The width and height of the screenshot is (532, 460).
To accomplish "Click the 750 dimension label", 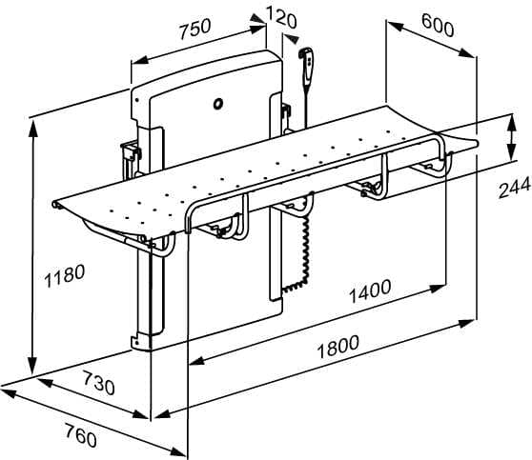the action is coord(195,28).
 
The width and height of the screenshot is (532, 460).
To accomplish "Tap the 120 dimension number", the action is coord(281,18).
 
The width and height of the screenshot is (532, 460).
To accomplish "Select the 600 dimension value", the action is coord(438,25).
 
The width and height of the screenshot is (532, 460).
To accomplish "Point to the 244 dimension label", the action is coord(514,188).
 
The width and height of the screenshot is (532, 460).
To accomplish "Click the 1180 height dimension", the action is coord(65,276).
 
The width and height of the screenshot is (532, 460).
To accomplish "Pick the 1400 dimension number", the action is coord(370,291).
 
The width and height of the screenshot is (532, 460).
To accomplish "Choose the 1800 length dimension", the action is coord(338,347).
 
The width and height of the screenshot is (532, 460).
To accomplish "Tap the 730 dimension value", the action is coord(99,383).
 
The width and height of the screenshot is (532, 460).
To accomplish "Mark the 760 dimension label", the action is coord(81,435).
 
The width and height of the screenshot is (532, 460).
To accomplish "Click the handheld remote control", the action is coord(307,68).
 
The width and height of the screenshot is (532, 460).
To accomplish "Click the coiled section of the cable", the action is coord(303,252).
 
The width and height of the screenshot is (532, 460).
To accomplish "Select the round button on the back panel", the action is coord(218,103).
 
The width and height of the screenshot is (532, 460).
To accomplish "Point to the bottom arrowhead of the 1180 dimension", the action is coord(32,365).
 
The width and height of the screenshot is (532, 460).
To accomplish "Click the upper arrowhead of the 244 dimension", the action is coord(512,122).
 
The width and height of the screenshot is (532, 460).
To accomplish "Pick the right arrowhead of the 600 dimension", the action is coord(467,53).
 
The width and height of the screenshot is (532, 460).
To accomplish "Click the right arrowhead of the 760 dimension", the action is coord(177,451).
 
